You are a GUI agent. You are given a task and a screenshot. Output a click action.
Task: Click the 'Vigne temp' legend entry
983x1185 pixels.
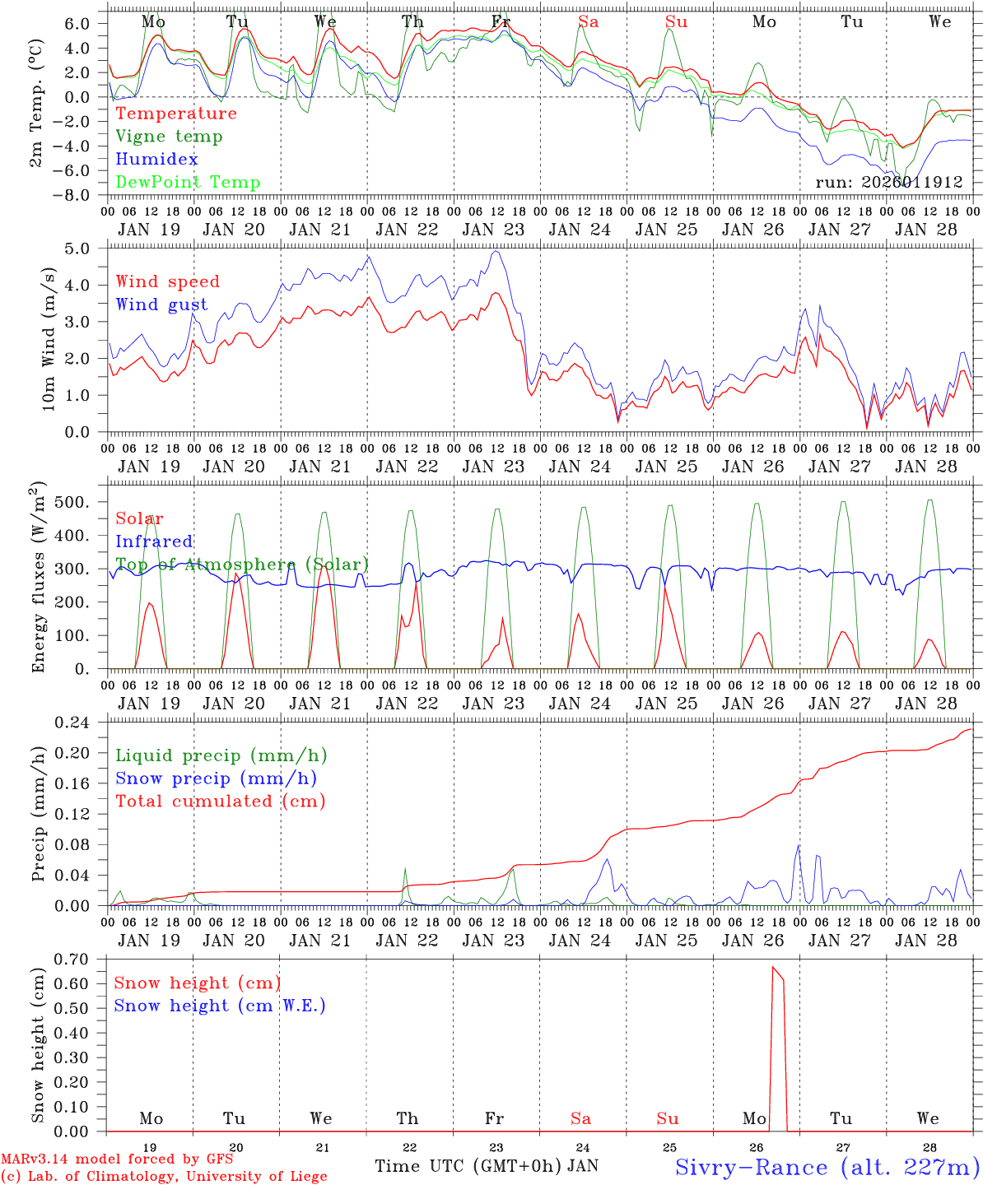pyautogui.click(x=169, y=137)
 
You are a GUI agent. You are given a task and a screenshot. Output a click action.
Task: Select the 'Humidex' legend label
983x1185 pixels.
pyautogui.click(x=156, y=160)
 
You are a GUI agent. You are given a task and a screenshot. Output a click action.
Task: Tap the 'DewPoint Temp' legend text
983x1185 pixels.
pyautogui.click(x=188, y=183)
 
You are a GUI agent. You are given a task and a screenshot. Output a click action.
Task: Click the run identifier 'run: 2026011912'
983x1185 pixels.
pyautogui.click(x=889, y=183)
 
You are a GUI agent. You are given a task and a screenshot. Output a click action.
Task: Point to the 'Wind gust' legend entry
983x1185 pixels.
pyautogui.click(x=161, y=304)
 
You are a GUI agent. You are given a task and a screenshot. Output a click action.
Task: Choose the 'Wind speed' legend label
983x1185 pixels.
pyautogui.click(x=168, y=281)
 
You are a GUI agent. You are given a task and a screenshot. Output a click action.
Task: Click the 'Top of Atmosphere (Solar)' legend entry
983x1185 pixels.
pyautogui.click(x=242, y=565)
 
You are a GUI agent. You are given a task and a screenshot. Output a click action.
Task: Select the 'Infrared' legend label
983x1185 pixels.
pyautogui.click(x=154, y=541)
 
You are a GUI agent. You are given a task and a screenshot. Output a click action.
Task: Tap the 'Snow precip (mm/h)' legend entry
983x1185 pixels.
pyautogui.click(x=217, y=778)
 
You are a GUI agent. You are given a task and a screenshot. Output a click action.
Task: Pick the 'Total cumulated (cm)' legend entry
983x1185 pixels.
pyautogui.click(x=221, y=801)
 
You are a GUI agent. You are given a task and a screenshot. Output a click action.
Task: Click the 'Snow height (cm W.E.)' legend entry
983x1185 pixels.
pyautogui.click(x=220, y=1006)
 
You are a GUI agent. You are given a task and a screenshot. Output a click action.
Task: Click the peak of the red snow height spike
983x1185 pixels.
pyautogui.click(x=772, y=968)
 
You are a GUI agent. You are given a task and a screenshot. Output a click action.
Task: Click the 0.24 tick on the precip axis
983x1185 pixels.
pyautogui.click(x=73, y=723)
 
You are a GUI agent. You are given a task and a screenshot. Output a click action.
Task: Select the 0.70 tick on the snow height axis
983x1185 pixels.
pyautogui.click(x=73, y=960)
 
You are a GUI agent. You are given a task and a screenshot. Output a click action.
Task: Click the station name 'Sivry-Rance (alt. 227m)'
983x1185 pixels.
pyautogui.click(x=827, y=1167)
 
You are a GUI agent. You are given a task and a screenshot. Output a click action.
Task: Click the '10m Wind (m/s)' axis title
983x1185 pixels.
pyautogui.click(x=49, y=339)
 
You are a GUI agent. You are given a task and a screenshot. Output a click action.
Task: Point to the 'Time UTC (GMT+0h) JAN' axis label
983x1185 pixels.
pyautogui.click(x=487, y=1166)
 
